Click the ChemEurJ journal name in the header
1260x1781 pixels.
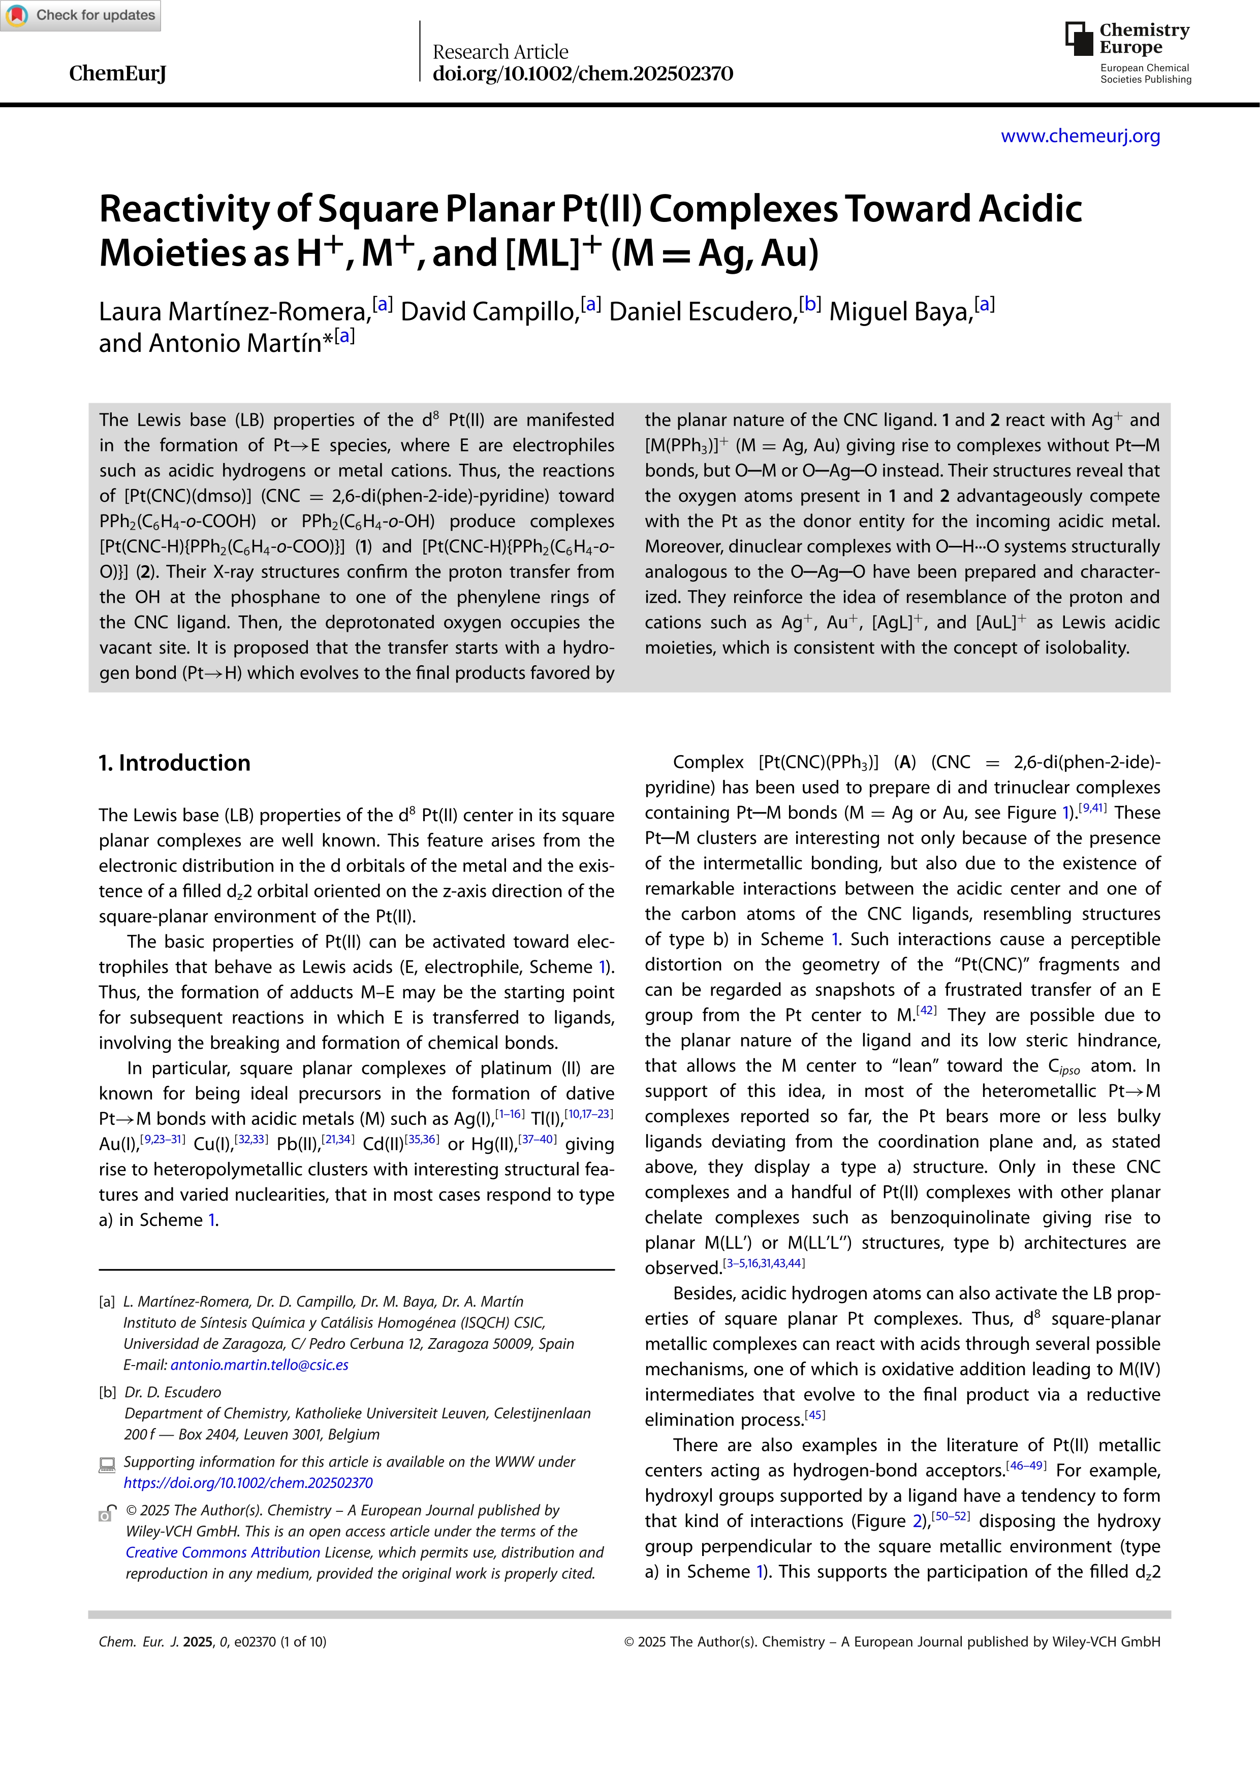tap(117, 74)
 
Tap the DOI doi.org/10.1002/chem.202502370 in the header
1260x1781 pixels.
tap(582, 74)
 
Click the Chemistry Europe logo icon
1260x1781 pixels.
tap(1079, 38)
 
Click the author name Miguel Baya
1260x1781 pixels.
tap(900, 312)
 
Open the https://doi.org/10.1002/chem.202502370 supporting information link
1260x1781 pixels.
tap(248, 1482)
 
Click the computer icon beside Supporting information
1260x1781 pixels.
tap(107, 1464)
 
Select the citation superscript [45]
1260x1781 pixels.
tap(814, 1415)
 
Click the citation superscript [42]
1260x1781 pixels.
tap(926, 1010)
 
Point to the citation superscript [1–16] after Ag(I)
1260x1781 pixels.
tap(510, 1114)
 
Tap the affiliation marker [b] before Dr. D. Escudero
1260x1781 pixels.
tap(107, 1393)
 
